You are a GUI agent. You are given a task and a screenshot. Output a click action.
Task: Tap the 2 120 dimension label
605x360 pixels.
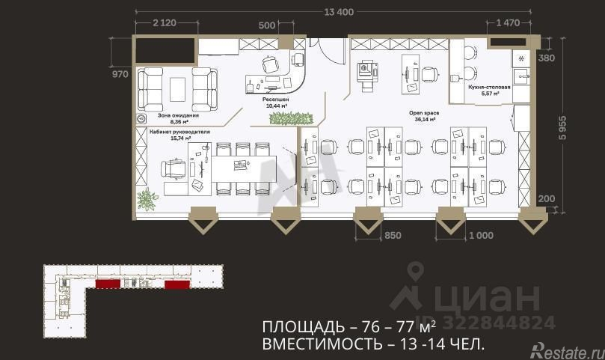164,23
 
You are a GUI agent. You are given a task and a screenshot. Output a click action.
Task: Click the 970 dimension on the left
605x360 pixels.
120,74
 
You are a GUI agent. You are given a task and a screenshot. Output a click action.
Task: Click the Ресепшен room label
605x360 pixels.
276,100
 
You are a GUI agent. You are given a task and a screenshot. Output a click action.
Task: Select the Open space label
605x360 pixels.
424,112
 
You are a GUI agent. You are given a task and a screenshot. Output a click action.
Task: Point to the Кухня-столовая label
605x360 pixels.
489,88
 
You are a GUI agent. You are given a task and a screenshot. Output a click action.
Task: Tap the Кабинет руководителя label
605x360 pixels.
180,132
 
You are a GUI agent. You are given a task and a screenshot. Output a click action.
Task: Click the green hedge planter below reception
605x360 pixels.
301,118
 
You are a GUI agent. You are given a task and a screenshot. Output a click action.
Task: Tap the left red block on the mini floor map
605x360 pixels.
108,284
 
